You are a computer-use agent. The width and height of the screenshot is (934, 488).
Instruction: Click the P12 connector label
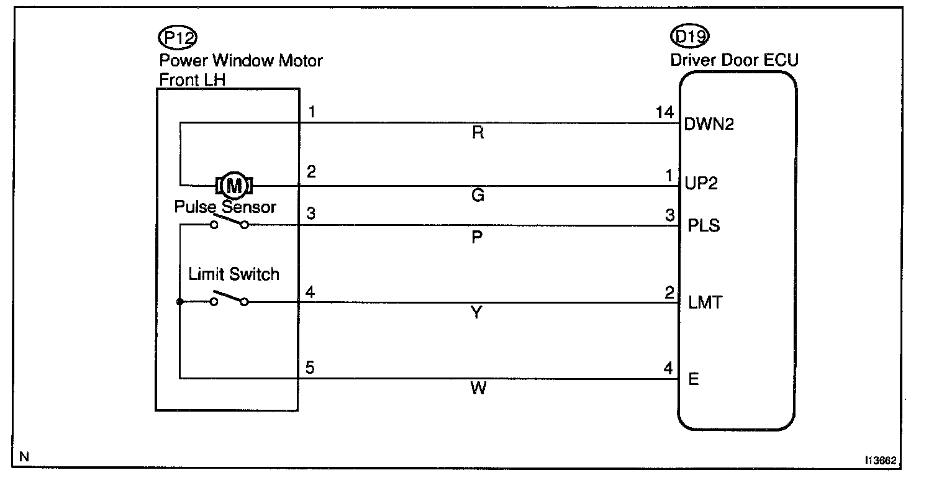(x=178, y=38)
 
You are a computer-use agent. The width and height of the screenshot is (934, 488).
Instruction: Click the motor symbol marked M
(x=233, y=185)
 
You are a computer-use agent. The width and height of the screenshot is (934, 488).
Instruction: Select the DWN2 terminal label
(x=709, y=124)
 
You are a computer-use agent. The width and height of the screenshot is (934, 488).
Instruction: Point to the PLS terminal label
(x=704, y=225)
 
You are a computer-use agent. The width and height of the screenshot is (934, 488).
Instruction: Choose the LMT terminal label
(x=705, y=303)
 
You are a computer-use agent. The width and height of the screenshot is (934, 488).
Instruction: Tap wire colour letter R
(x=478, y=133)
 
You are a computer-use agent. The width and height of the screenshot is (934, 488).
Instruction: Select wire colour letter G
(x=478, y=196)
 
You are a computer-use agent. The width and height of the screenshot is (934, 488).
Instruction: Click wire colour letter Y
(x=476, y=313)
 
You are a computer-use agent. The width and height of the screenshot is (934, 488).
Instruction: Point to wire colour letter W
(x=477, y=389)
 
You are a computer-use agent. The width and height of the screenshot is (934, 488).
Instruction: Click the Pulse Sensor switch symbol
(x=229, y=222)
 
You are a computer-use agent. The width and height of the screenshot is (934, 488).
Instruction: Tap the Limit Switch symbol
(x=229, y=299)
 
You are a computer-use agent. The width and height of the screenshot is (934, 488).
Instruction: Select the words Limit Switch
(x=233, y=274)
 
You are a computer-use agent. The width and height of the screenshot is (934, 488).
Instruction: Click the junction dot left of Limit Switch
(x=179, y=302)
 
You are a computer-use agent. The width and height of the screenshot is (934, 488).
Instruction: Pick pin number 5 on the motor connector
(x=309, y=367)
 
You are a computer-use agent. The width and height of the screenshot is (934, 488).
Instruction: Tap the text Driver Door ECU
(x=734, y=60)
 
